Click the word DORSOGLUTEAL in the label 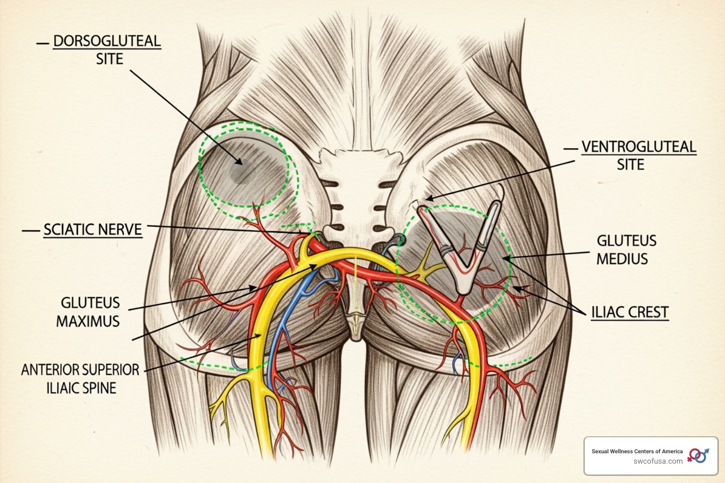tap(107, 41)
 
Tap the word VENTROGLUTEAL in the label tap(639, 147)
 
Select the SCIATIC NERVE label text tap(93, 230)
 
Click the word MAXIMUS tap(88, 321)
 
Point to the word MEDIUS tap(622, 258)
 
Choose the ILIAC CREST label tap(630, 312)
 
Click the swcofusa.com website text tap(658, 461)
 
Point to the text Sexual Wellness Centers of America tap(637, 451)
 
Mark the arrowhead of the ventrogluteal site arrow tap(427, 199)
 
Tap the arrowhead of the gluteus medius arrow tap(504, 258)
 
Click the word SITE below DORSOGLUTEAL tap(110, 59)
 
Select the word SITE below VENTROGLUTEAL tap(630, 165)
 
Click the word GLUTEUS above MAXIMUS tap(90, 303)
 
